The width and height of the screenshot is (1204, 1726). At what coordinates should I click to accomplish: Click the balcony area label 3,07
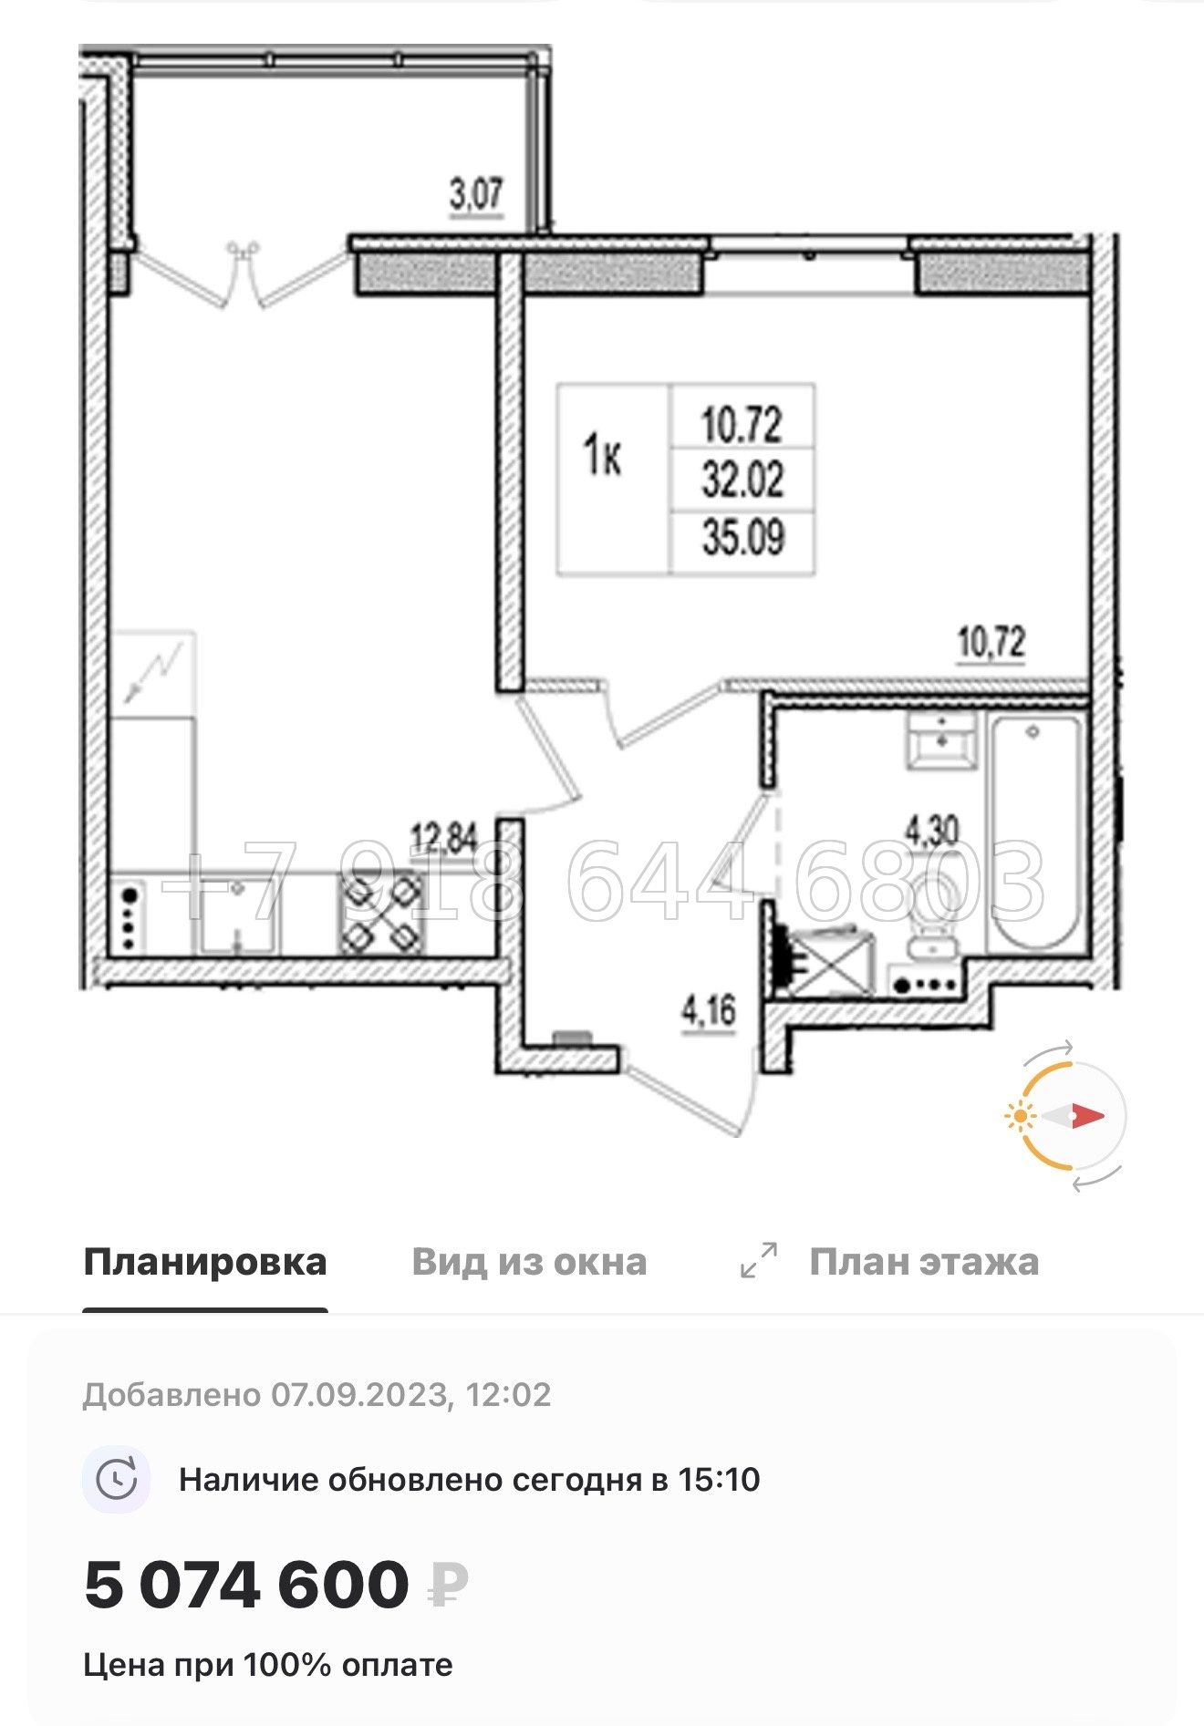click(x=475, y=194)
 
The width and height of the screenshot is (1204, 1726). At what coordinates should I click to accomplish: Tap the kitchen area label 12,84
click(x=444, y=838)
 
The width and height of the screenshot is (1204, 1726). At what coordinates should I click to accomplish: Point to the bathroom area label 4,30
click(x=931, y=830)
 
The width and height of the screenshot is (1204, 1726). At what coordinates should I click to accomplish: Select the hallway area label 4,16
click(x=709, y=1010)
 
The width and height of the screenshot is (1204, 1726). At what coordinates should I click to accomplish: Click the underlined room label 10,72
click(x=991, y=643)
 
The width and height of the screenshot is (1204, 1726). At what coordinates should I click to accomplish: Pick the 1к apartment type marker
click(x=603, y=455)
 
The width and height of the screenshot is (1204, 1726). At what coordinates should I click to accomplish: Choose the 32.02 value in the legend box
click(x=742, y=480)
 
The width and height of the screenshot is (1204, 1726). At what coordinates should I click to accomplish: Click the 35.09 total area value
click(x=742, y=537)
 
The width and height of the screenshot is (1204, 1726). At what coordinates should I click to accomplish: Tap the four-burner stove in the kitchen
click(x=381, y=913)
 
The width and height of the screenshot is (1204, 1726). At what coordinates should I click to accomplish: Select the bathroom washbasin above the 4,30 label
click(x=940, y=739)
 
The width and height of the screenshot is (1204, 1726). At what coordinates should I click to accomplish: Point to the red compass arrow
click(x=1087, y=1115)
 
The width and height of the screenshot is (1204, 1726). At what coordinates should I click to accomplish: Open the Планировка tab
click(x=205, y=1262)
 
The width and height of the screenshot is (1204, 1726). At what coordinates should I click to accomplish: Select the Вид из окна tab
click(x=529, y=1262)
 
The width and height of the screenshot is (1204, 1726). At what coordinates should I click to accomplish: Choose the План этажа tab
click(x=923, y=1262)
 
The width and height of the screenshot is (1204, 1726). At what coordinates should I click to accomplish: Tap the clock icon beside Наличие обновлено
click(x=117, y=1479)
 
